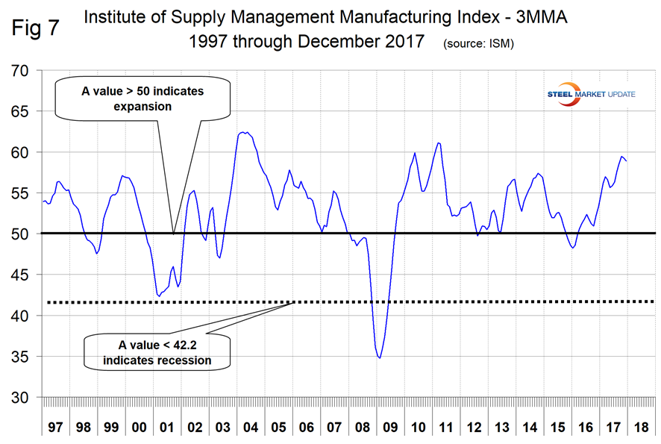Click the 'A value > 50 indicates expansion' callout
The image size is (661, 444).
click(142, 99)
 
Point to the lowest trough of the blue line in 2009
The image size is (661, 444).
click(380, 358)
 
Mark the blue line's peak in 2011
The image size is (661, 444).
click(438, 143)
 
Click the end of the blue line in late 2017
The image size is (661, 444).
click(626, 160)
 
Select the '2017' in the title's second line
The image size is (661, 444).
click(404, 42)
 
